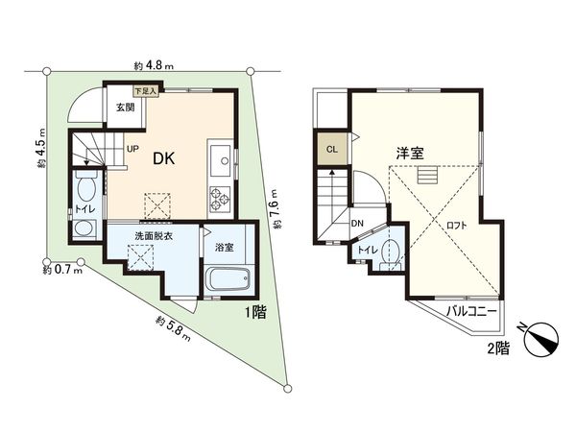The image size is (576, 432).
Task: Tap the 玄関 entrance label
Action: pos(126,108)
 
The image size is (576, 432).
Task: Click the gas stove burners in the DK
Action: pos(217,201)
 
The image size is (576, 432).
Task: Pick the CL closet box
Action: pos(331,149)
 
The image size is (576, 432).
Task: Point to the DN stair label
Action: pos(356,225)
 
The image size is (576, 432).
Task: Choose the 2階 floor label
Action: pos(497,349)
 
